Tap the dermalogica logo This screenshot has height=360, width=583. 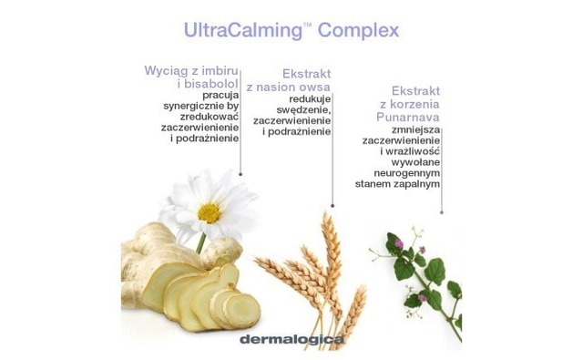point(292,340)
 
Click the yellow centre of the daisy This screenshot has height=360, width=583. point(209,212)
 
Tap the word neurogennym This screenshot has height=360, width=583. point(407,171)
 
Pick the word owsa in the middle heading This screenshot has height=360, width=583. point(314,87)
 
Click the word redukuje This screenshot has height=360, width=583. point(310,98)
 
